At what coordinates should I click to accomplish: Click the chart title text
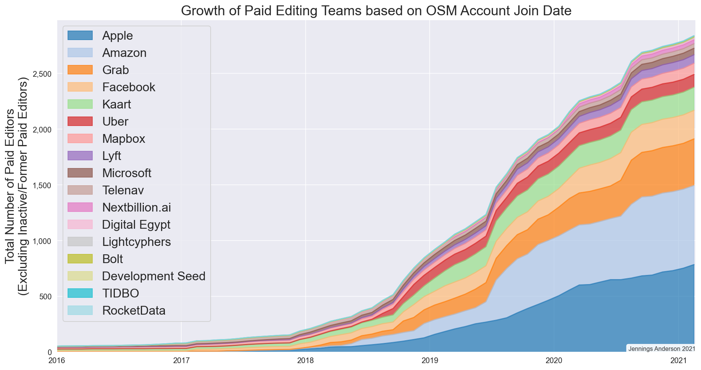pos(376,11)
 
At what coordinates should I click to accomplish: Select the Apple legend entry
pos(118,36)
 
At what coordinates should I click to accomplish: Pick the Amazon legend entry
pos(124,53)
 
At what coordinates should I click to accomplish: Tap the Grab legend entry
pos(116,70)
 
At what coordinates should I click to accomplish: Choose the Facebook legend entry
pos(129,87)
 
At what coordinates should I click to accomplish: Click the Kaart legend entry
pos(117,104)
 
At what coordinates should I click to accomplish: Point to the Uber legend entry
pos(115,121)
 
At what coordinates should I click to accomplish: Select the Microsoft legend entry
pos(127,173)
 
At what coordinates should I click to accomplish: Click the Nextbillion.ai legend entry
pos(137,207)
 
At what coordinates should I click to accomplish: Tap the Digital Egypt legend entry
pos(136,225)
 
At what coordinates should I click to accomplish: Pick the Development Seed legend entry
pos(154,276)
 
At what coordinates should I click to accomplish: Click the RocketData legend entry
pos(134,310)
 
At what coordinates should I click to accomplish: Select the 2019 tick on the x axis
pos(430,360)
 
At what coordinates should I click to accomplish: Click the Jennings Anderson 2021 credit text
pos(661,349)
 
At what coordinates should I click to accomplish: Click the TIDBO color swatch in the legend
pos(80,293)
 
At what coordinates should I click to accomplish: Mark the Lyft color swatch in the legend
pos(80,156)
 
